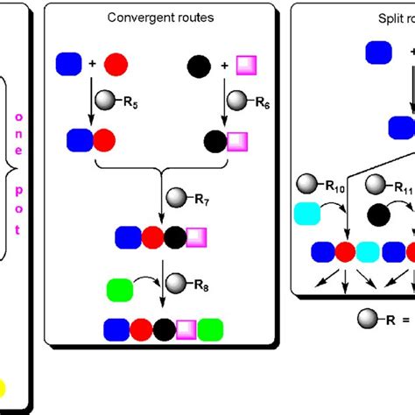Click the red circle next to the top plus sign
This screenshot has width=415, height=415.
116,64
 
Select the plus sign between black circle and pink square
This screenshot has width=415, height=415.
224,64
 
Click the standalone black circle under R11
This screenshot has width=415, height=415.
379,215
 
